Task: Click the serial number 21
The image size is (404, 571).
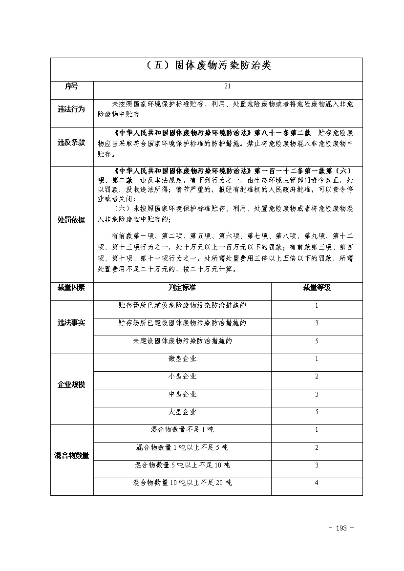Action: [x=227, y=86]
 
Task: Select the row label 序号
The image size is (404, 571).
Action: [x=71, y=86]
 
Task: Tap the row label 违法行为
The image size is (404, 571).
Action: [x=71, y=109]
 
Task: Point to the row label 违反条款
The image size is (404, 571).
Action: [x=71, y=143]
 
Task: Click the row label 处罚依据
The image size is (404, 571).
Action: [x=71, y=220]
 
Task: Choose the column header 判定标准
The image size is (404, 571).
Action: [x=182, y=288]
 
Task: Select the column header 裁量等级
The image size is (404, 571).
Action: [x=317, y=288]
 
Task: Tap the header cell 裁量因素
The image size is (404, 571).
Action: [x=71, y=288]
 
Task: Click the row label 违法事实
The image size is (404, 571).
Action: [x=71, y=323]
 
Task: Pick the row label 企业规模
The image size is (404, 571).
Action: [x=71, y=385]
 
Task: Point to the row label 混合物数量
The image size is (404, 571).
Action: [x=71, y=456]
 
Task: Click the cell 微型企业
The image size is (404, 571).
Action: [x=182, y=359]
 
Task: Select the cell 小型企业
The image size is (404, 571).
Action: [x=182, y=377]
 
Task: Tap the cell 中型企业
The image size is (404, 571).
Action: [x=182, y=394]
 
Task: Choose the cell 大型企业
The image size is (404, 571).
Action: [x=182, y=412]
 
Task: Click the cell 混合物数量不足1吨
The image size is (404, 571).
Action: [x=182, y=430]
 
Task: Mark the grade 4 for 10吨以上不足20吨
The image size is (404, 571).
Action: [x=317, y=483]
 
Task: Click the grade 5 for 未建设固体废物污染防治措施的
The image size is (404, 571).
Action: [x=317, y=341]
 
